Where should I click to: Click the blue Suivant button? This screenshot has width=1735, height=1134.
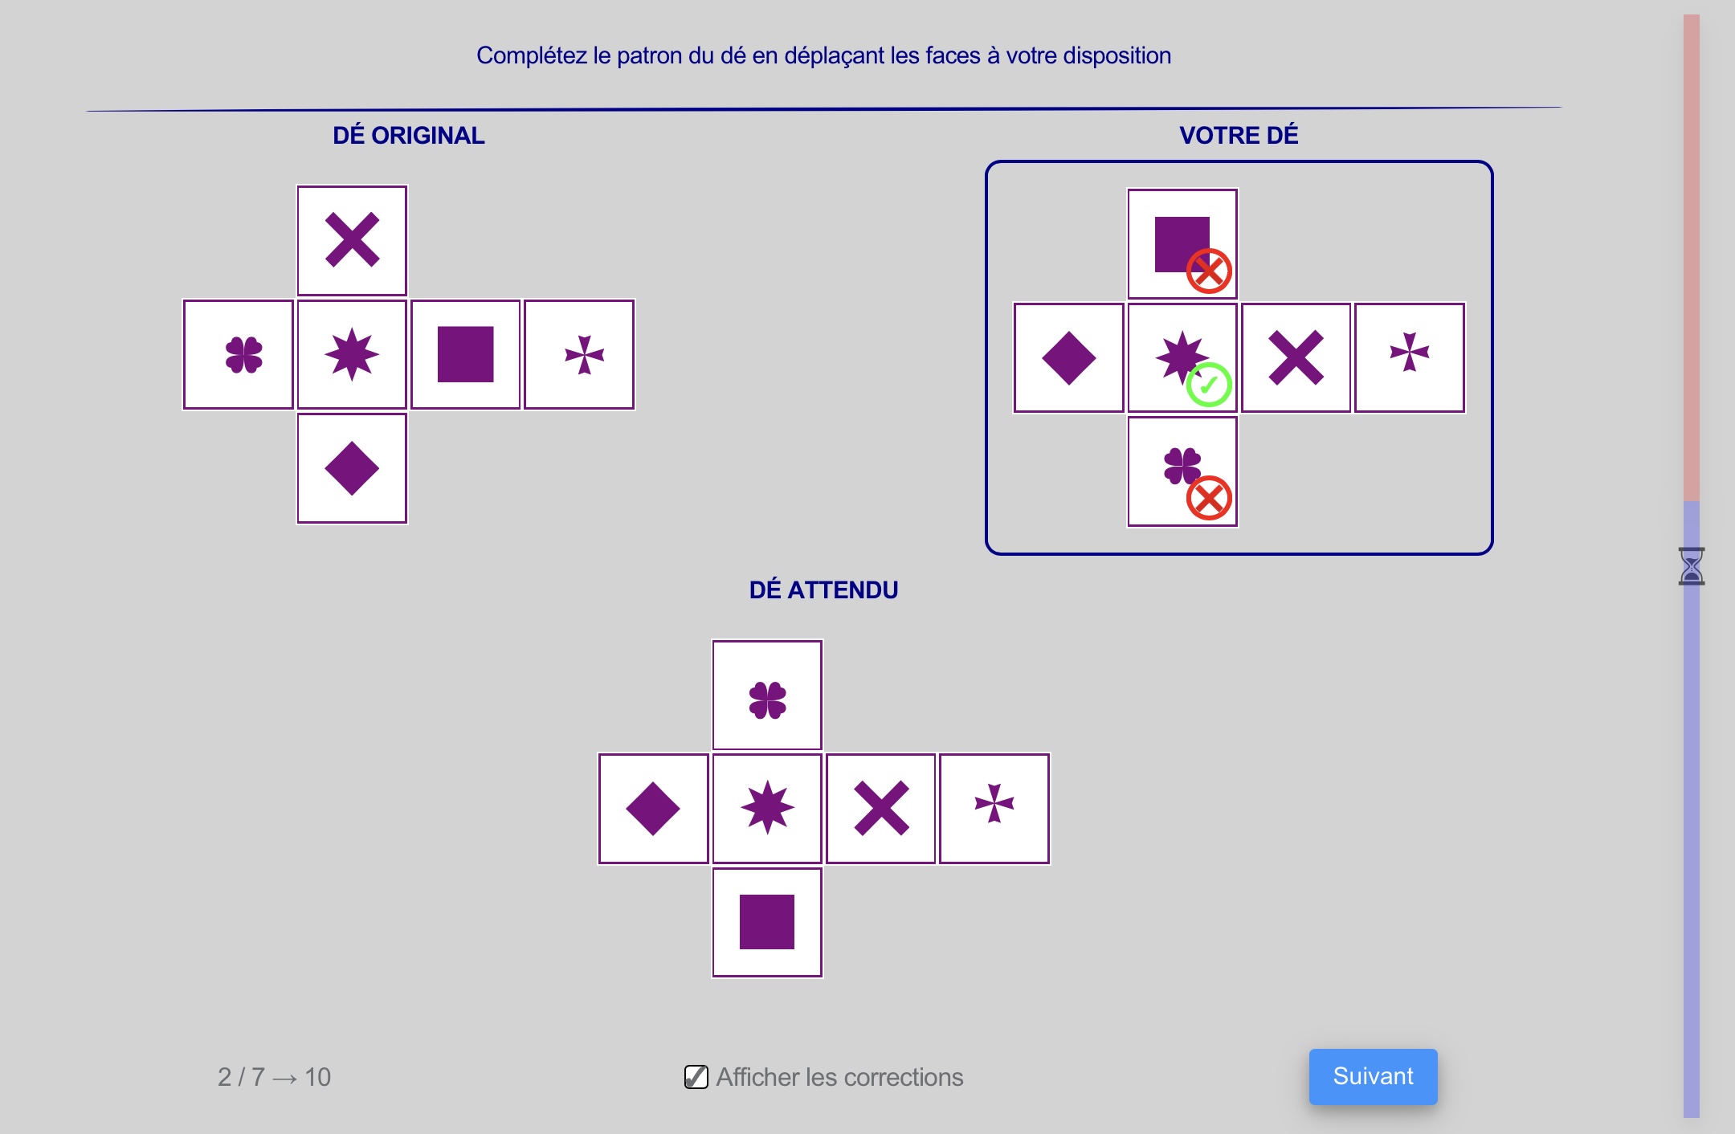point(1373,1076)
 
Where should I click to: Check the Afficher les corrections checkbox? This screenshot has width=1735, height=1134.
point(696,1076)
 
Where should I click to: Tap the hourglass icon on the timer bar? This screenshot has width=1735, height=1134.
point(1691,566)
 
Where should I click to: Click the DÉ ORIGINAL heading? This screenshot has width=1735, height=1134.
point(409,136)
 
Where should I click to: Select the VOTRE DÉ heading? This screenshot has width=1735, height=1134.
point(1239,136)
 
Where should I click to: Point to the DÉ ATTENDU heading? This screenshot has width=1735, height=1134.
point(823,590)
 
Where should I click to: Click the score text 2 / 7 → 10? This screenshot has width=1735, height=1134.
point(274,1077)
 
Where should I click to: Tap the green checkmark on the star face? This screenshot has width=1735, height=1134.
point(1209,385)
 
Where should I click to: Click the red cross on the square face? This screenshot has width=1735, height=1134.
point(1209,271)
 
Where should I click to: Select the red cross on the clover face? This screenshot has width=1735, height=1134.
point(1209,498)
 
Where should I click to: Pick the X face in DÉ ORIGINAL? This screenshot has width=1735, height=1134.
point(352,240)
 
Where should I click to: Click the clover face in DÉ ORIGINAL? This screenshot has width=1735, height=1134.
point(239,354)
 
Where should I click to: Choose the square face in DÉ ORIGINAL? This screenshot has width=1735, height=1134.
point(466,354)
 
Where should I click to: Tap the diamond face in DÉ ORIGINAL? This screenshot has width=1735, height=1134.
point(352,468)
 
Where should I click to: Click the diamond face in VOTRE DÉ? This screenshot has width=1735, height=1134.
point(1069,357)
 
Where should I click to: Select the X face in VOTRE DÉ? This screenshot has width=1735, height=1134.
point(1296,357)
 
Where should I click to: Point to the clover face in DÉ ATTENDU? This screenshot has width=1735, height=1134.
point(767,695)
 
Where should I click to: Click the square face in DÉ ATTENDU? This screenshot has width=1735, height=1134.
point(767,922)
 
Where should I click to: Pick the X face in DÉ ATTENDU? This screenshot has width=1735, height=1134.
point(881,809)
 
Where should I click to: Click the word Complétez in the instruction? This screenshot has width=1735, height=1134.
point(532,55)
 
